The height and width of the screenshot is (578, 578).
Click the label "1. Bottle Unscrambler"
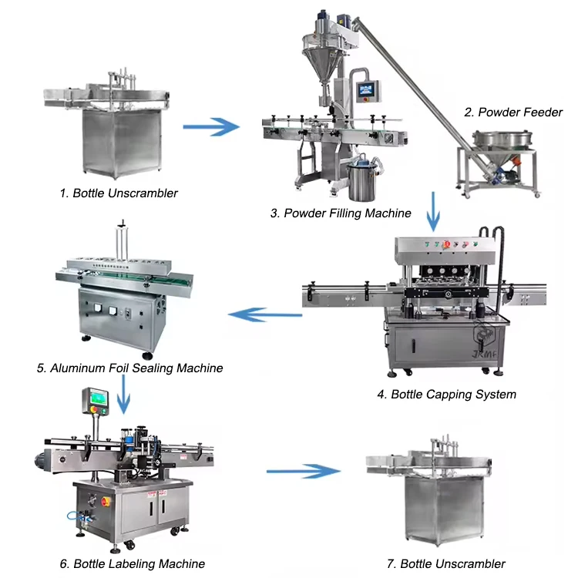pyautogui.click(x=119, y=193)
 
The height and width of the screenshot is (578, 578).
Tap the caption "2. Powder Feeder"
pyautogui.click(x=513, y=112)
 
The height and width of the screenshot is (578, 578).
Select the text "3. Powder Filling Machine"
pyautogui.click(x=341, y=213)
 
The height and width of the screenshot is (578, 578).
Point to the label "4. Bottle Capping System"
pyautogui.click(x=446, y=394)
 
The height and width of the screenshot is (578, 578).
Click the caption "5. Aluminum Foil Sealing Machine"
pyautogui.click(x=129, y=368)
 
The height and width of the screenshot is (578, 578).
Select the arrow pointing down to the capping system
pyautogui.click(x=435, y=213)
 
